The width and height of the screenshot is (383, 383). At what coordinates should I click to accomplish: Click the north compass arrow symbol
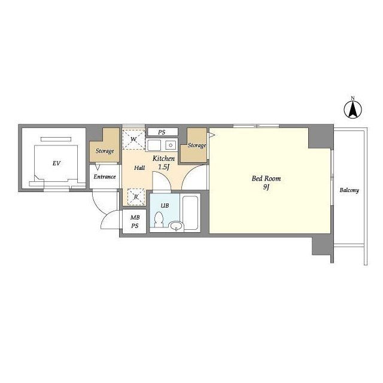coord(353,110)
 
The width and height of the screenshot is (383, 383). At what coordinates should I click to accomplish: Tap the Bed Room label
coord(266,178)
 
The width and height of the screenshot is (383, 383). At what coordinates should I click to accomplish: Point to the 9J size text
coord(266,187)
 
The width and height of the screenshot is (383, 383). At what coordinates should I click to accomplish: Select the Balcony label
coord(349,190)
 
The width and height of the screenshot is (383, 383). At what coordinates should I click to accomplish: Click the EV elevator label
coord(56,163)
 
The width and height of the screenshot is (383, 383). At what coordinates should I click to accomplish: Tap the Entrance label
coord(105,177)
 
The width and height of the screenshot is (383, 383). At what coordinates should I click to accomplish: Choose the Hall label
coord(139,168)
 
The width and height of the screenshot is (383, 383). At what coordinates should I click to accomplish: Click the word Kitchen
coord(163,159)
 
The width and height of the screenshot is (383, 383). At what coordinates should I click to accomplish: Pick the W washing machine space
coord(133,139)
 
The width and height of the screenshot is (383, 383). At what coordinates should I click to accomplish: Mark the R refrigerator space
coord(136,197)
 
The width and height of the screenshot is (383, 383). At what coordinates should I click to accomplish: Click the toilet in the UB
coord(159,220)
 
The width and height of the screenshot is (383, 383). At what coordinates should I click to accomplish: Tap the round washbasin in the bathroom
coord(177,226)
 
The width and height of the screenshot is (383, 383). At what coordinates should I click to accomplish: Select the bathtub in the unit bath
coord(190,212)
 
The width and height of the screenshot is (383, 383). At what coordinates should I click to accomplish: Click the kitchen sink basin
coord(154,145)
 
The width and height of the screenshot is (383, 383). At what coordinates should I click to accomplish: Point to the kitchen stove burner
coord(171,145)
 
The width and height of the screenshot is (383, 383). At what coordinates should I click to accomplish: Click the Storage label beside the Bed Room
coord(197,145)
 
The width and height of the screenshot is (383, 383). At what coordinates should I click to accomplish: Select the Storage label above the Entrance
coord(105,151)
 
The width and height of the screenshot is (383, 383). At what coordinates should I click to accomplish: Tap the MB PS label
coord(135,221)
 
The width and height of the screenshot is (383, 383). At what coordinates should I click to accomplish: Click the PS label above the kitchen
coord(162,132)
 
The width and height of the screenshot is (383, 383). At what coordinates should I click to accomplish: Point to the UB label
coord(165,206)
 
